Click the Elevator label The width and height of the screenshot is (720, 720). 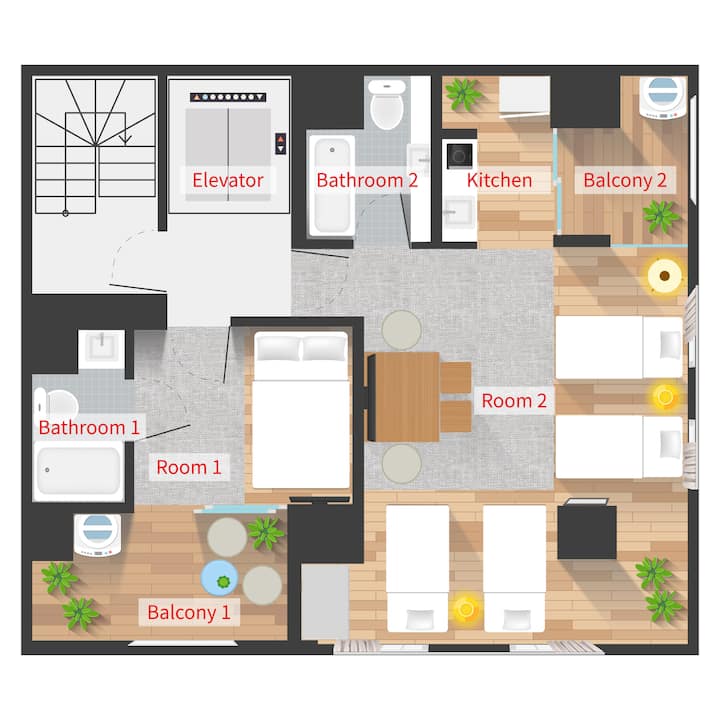[x=228, y=180]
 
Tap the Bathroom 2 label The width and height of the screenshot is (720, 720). [x=367, y=180]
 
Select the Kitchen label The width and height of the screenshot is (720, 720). [x=500, y=180]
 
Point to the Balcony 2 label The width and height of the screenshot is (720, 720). [x=625, y=180]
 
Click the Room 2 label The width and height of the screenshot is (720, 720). [x=514, y=401]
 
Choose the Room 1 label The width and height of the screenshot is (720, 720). [x=189, y=467]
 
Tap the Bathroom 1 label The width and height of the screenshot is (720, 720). [x=89, y=428]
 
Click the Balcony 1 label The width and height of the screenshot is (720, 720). [x=189, y=612]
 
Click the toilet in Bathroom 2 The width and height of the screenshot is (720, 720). [x=387, y=105]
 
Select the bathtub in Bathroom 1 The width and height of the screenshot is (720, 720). [x=79, y=472]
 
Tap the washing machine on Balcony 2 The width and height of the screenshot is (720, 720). [x=663, y=98]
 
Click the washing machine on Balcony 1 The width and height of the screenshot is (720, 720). [x=97, y=535]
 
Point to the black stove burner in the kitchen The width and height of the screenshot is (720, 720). [x=460, y=156]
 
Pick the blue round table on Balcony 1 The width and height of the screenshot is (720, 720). [x=219, y=578]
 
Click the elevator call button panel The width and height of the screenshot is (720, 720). [x=281, y=143]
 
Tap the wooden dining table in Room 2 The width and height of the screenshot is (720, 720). [x=404, y=397]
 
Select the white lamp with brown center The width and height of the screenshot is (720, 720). [x=664, y=276]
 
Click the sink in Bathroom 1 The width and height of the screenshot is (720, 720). [x=101, y=349]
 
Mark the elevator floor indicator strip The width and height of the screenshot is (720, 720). [x=228, y=97]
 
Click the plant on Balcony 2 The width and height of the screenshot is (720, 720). [x=661, y=216]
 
